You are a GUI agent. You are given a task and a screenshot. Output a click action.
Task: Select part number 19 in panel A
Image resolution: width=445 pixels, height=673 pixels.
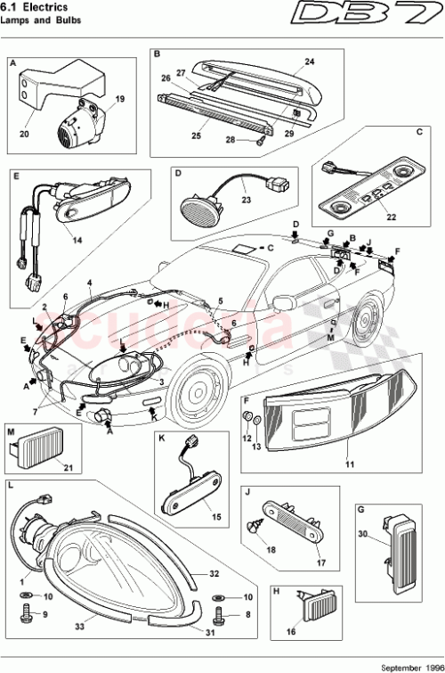click(120, 98)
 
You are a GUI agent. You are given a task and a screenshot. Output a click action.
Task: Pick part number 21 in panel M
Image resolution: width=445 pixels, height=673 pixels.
click(66, 464)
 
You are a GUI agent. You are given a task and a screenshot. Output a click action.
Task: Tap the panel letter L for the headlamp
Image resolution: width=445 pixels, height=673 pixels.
click(11, 487)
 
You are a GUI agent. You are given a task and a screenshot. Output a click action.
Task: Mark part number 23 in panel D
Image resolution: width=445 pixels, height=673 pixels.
click(246, 201)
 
